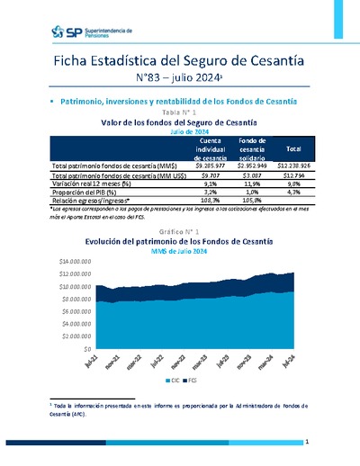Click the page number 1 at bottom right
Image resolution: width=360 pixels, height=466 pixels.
307,442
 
